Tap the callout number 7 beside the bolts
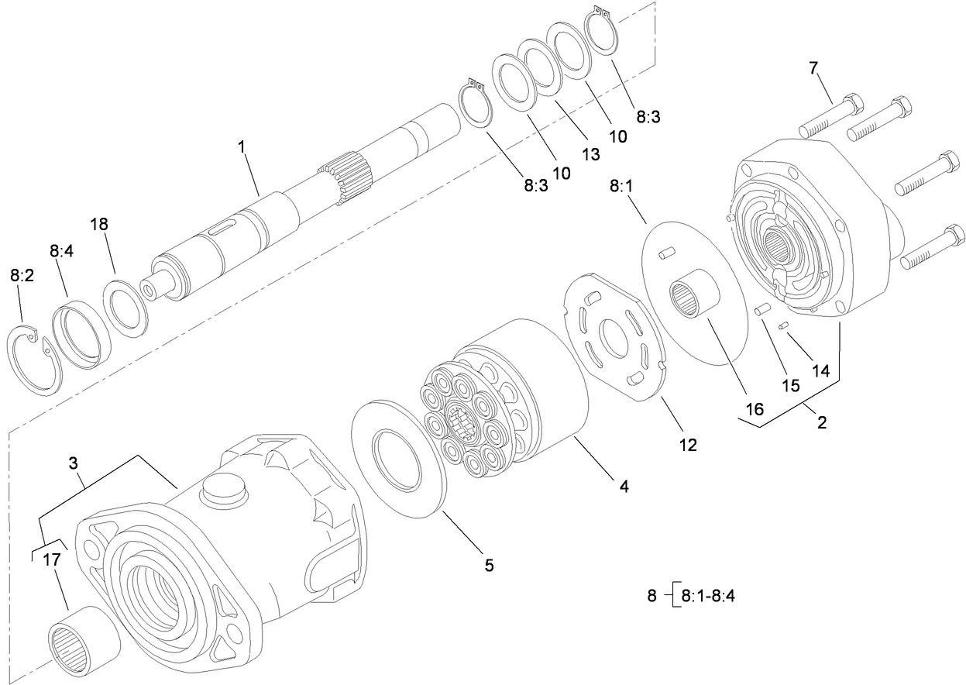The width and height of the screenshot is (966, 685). (x=813, y=68)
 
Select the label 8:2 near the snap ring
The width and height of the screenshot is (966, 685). (x=22, y=276)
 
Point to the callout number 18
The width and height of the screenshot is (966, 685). (x=98, y=224)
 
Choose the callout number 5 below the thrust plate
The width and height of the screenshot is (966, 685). (x=488, y=565)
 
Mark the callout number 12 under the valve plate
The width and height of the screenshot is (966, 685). (x=688, y=445)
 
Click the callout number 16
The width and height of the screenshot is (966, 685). (x=754, y=408)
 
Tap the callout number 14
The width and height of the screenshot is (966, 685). (x=820, y=371)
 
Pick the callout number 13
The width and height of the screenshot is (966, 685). (x=590, y=154)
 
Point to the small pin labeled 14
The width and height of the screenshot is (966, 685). (x=784, y=326)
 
